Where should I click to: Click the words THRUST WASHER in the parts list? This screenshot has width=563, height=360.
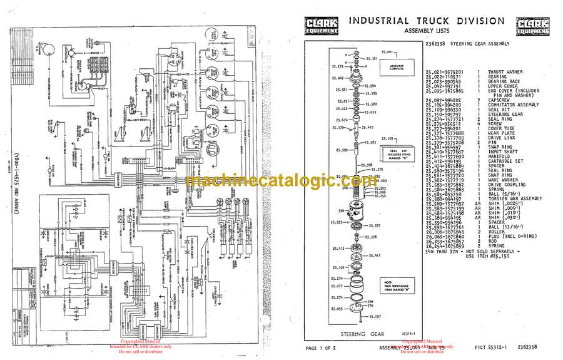tap(503, 72)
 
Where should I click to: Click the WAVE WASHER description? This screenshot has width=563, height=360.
tap(503, 180)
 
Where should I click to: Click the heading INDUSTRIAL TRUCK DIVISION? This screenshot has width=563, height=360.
tap(425, 21)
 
